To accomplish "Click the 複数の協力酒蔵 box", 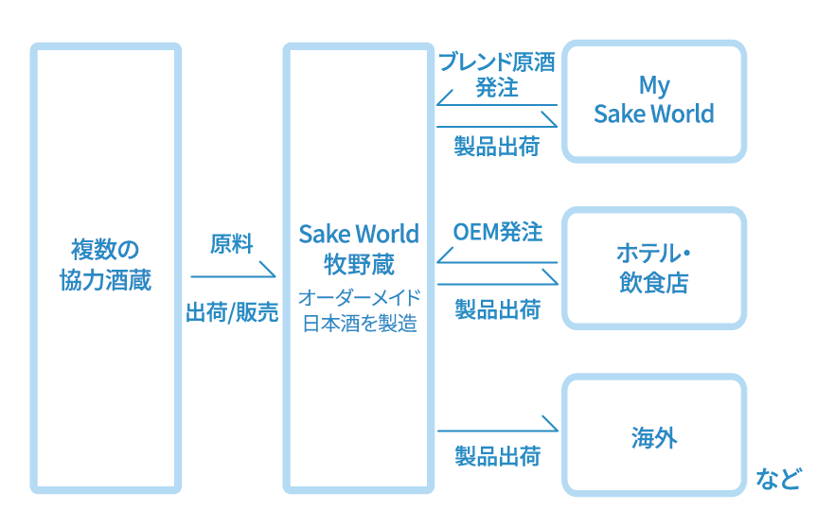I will (105, 268).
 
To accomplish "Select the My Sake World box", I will (653, 100).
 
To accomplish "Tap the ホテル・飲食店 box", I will (653, 268).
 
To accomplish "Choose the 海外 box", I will (653, 437).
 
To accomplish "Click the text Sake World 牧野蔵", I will (359, 248).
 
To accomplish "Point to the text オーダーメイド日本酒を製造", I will (359, 310).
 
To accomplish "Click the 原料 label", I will (232, 244).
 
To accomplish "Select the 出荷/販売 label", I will (232, 313).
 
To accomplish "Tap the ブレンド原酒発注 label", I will (496, 75).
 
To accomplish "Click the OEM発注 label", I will (497, 232).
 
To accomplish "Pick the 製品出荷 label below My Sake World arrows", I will (497, 147).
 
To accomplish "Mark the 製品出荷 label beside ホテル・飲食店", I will (497, 309).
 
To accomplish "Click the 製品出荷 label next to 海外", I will (497, 455).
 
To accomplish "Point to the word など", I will (778, 478).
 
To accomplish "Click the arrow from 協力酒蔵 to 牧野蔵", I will (232, 275).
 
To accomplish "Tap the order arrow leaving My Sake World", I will (497, 104).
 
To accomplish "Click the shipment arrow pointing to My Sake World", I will (497, 125).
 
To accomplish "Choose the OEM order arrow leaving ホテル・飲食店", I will (497, 262).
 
